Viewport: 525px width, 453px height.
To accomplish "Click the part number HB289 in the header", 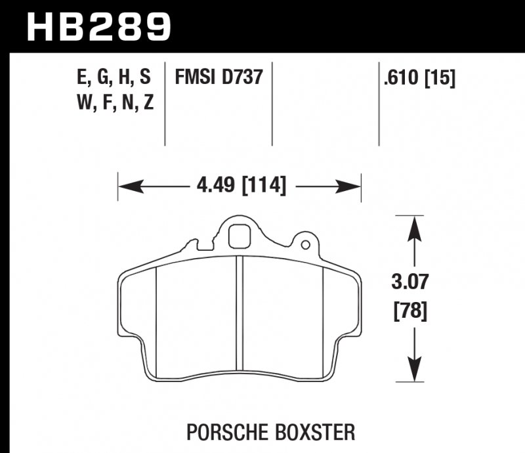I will click(x=98, y=26).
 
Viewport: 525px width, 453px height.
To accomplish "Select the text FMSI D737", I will click(x=219, y=79).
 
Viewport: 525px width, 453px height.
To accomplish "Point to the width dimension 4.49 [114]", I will click(x=241, y=186).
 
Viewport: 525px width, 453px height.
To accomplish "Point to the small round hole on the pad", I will click(x=305, y=246).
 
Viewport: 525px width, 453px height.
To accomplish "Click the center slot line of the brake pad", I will click(x=240, y=315).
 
